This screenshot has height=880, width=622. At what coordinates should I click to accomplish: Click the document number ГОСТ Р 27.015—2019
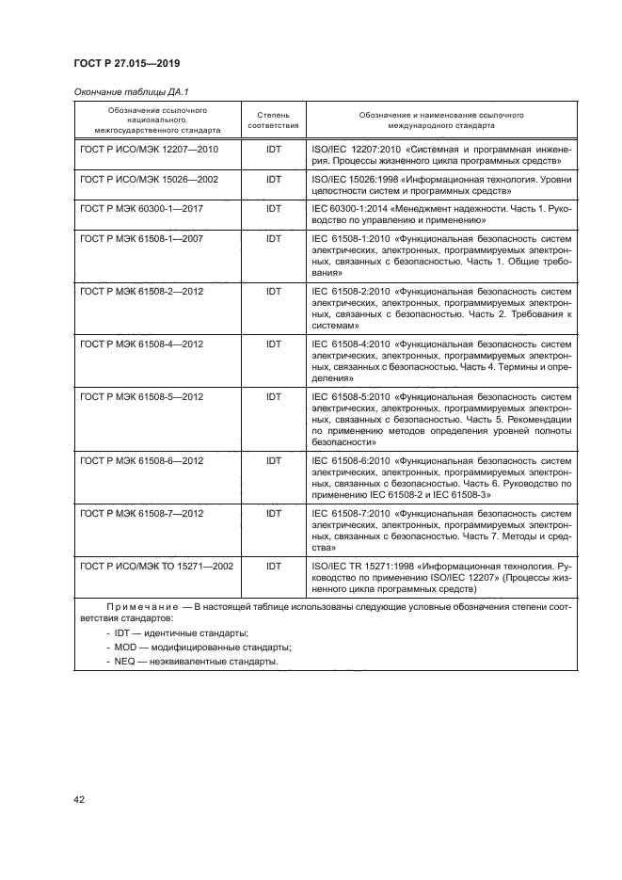(x=127, y=63)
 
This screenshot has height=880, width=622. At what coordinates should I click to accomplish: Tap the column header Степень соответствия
(x=274, y=120)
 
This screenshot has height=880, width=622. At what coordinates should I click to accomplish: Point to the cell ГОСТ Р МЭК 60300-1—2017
(x=140, y=208)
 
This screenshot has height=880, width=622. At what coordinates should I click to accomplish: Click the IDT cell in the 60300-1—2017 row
(x=274, y=208)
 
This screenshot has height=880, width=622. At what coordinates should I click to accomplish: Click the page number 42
(x=80, y=800)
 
